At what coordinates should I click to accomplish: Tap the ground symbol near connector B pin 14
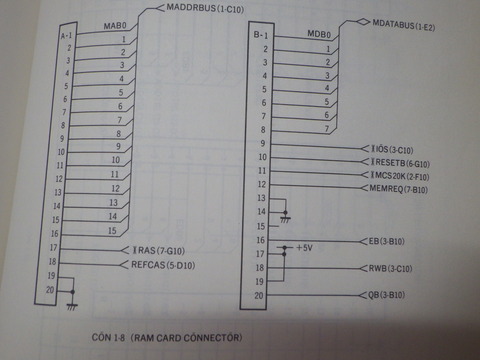tap(288, 217)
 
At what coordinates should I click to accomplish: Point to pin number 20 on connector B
tap(259, 295)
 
